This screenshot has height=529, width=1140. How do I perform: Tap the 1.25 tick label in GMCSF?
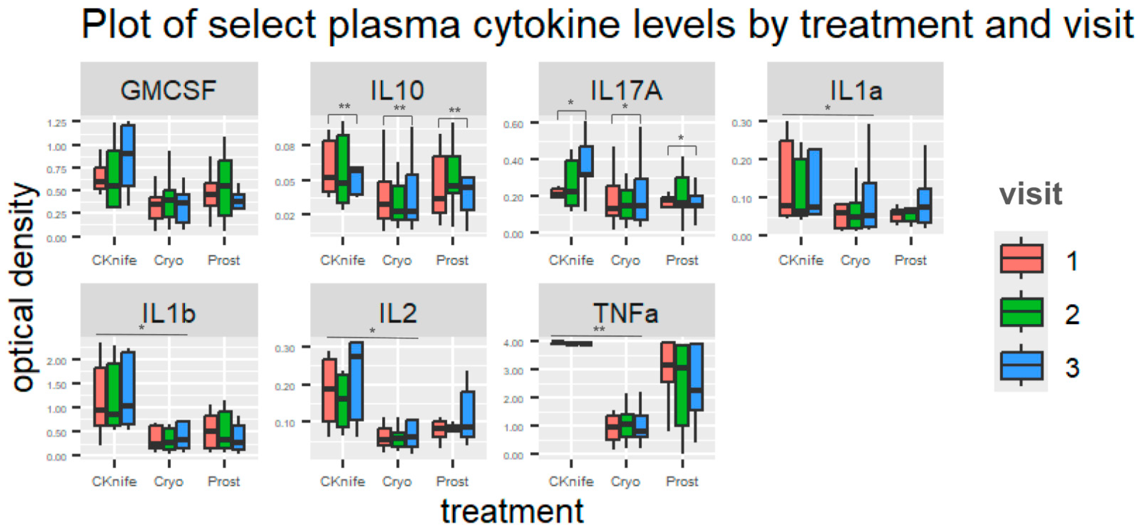(57, 123)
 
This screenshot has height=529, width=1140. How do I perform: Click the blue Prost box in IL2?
(467, 414)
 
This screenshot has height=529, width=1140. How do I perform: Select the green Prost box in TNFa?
(682, 385)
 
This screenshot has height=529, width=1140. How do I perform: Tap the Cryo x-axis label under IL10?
(397, 260)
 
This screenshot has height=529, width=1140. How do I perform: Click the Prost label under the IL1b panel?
(224, 481)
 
